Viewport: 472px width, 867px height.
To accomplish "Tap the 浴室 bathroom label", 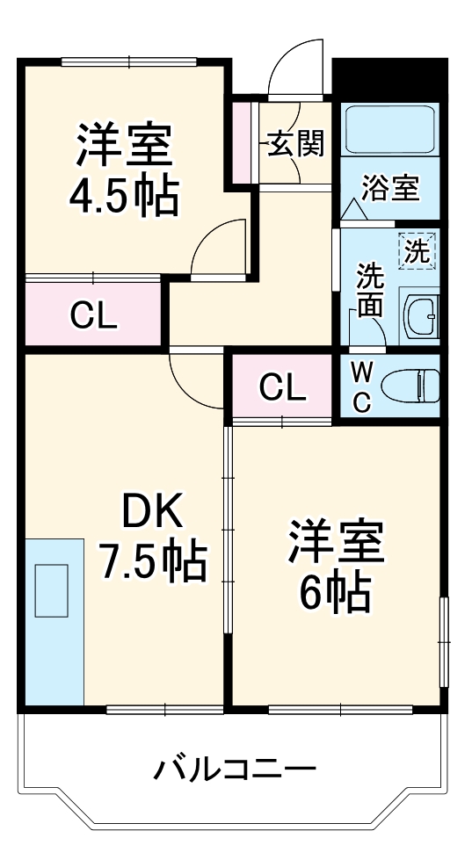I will (390, 187).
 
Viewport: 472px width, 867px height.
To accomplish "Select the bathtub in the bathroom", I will (388, 130).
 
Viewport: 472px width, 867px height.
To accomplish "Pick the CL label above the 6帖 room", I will (282, 386).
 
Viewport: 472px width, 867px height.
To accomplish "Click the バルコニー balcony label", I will (236, 770).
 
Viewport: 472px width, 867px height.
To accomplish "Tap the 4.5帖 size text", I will (124, 197).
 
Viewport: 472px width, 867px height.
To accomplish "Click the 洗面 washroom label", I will (369, 291).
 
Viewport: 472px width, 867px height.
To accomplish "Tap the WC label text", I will (361, 387).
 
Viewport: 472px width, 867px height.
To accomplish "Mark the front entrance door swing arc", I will (297, 66).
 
